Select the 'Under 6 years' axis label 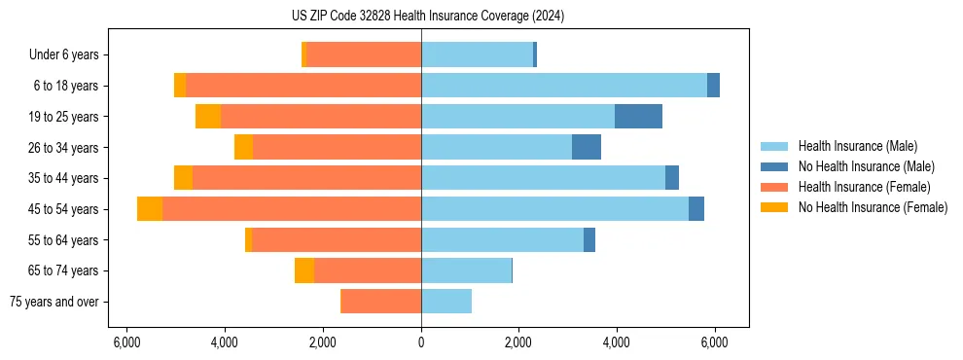[x=63, y=54]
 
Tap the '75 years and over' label [x=53, y=302]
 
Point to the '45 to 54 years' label [x=65, y=209]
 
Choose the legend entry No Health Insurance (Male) [x=866, y=166]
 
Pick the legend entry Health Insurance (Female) [x=865, y=187]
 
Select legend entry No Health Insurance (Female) [x=873, y=207]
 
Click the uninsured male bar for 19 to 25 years [x=638, y=117]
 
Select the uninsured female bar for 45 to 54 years [x=150, y=209]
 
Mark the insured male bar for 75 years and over [x=446, y=302]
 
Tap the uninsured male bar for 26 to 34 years [x=587, y=148]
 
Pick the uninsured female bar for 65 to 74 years [x=304, y=270]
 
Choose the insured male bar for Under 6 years [x=477, y=54]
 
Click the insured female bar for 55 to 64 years [x=337, y=240]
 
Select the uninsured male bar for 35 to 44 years [x=672, y=178]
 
